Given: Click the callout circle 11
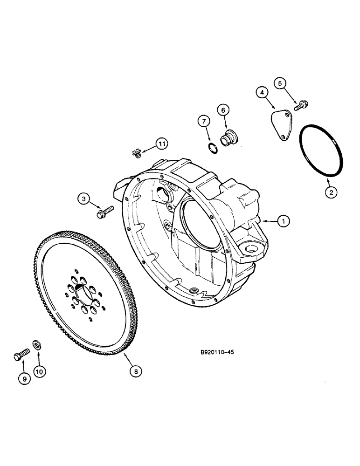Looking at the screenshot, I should (161, 144).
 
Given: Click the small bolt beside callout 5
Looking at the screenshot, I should (300, 106).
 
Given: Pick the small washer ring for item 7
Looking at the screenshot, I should (213, 148).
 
